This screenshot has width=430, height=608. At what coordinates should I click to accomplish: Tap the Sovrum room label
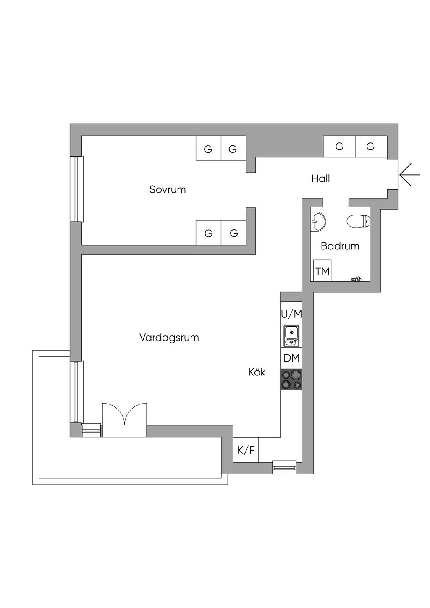pos(168,189)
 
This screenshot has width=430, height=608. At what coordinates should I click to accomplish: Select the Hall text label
pos(320,178)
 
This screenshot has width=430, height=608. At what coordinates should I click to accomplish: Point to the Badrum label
pos(340,246)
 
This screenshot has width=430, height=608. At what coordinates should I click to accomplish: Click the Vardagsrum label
pos(169,337)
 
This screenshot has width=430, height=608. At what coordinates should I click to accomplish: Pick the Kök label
pos(257,372)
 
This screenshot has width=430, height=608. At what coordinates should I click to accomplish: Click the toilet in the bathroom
pos(359,221)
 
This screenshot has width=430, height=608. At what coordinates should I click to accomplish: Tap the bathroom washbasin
pos(318,221)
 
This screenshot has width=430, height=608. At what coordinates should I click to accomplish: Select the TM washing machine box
pos(322,271)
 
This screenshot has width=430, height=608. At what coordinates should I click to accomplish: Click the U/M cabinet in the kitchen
pos(291,314)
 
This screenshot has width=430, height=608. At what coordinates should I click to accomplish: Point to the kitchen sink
pos(291,336)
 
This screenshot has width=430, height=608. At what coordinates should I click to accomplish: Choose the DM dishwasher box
pos(291,358)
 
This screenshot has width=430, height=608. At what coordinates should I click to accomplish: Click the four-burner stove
pos(291,379)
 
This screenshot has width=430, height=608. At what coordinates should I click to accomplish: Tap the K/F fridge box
pos(246,450)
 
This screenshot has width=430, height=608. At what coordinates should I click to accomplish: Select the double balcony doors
pos(124,420)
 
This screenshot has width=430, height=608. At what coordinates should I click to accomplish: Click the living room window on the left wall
pos(76,391)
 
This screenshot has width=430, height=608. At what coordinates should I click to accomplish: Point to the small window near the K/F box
pos(285,467)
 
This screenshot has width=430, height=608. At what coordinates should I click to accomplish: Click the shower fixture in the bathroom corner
pos(356,278)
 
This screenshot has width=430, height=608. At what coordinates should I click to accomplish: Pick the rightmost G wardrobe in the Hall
pos(371,147)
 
